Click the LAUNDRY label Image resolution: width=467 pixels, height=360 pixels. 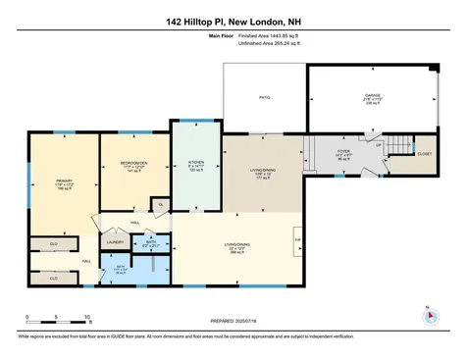point(113,241)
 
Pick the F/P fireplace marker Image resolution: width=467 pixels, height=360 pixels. point(298,238)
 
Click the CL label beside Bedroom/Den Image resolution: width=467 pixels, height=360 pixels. point(159,204)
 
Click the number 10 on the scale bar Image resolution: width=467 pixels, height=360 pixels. point(87,317)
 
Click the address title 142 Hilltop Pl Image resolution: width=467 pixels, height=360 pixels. point(233,21)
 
